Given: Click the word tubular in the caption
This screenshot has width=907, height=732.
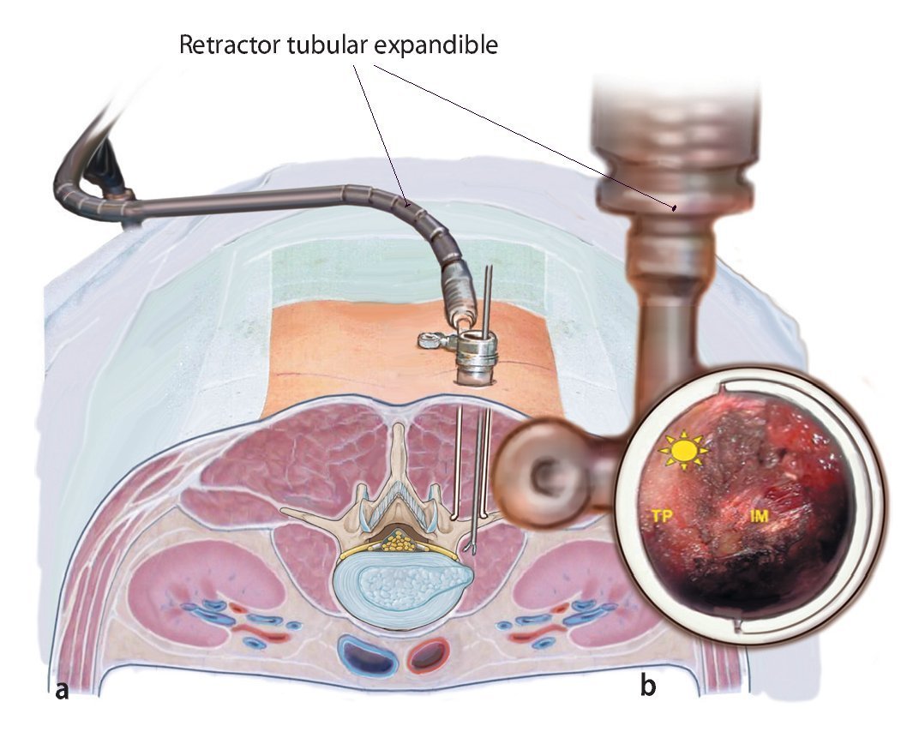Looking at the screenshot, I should [x=321, y=45].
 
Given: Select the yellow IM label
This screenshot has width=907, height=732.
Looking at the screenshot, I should [x=759, y=516].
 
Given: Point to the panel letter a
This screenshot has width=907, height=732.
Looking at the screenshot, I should [x=62, y=689].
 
